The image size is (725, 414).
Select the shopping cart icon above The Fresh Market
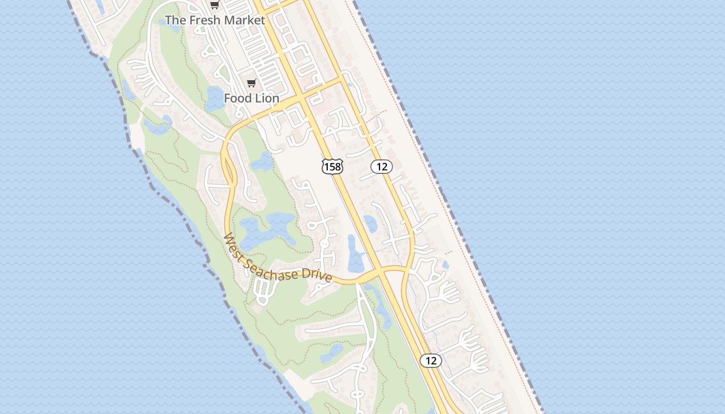click(x=214, y=5)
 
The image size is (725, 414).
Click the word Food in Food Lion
click(x=237, y=98)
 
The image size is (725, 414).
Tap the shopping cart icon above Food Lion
click(x=252, y=83)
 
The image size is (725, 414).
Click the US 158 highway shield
click(x=332, y=167)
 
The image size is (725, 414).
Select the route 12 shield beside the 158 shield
click(x=382, y=167)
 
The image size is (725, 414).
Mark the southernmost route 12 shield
click(x=431, y=361)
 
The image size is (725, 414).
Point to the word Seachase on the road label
click(x=273, y=269)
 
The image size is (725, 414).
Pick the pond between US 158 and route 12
click(x=370, y=223)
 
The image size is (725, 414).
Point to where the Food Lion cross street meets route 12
click(x=341, y=80)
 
